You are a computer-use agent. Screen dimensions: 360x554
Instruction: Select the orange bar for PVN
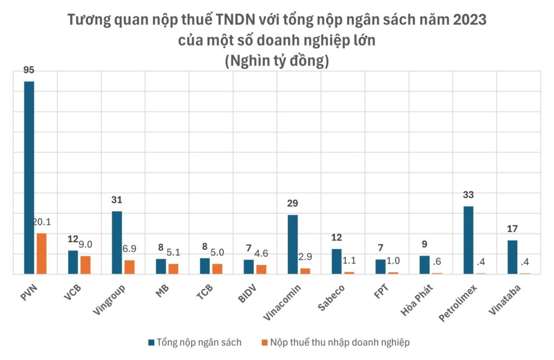(42, 254)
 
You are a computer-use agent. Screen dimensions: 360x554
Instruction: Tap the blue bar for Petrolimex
(469, 240)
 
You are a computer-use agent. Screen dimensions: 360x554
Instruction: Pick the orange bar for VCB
(85, 265)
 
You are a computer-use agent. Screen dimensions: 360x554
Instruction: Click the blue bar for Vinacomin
(293, 244)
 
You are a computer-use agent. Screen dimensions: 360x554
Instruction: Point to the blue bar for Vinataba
(512, 257)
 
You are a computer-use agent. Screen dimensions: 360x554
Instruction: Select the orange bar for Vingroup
(129, 267)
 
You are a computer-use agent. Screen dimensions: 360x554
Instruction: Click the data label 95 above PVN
(29, 71)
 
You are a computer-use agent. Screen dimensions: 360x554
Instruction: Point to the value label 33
(469, 195)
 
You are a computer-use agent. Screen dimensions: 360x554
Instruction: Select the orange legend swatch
(264, 342)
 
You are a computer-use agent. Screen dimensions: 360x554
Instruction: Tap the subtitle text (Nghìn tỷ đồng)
(276, 61)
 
